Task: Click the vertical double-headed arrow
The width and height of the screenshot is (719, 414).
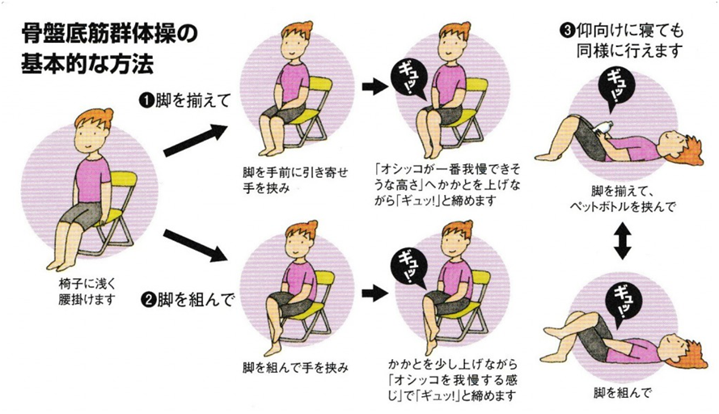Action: click(x=621, y=242)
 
